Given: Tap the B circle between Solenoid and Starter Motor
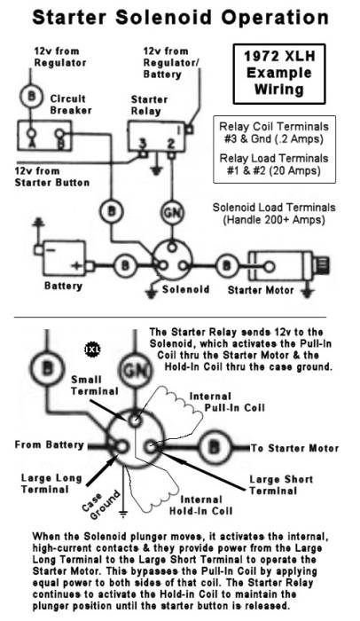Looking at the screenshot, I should click(228, 263).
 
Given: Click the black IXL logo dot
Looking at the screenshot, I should click(90, 349).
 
